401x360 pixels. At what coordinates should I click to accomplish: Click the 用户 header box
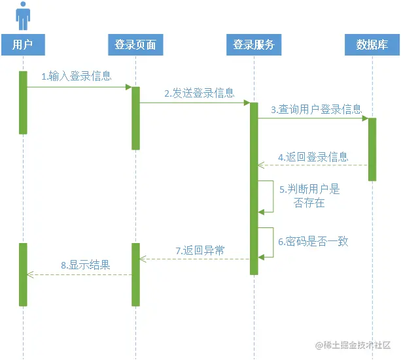(23, 45)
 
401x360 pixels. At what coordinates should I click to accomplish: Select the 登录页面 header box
(135, 45)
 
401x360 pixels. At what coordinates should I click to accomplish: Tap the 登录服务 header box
(253, 45)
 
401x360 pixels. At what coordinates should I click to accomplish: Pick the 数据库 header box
(372, 45)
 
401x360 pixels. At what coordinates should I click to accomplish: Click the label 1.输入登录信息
(77, 76)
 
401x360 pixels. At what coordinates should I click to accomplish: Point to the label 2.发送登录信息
(200, 93)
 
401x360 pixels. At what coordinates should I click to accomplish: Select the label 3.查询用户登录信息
(317, 109)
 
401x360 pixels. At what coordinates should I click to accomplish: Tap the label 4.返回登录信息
(313, 157)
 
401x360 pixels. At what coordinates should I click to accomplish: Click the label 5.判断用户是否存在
(310, 196)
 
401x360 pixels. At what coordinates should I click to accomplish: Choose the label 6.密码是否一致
(313, 241)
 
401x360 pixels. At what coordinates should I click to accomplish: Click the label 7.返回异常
(200, 250)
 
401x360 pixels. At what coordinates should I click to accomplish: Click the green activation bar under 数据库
(372, 149)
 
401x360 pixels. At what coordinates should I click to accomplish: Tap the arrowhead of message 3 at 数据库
(365, 118)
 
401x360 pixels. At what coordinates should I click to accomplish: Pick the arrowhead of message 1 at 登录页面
(129, 86)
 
